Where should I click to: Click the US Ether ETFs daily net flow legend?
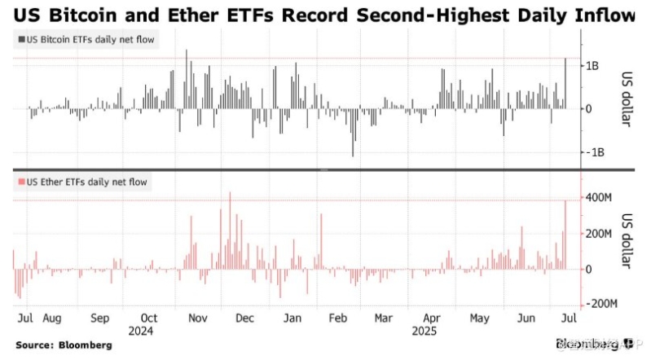point(81,182)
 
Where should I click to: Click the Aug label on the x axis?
point(51,318)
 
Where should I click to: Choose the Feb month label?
point(340,318)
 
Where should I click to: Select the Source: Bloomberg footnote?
point(64,345)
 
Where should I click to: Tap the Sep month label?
point(100,318)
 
